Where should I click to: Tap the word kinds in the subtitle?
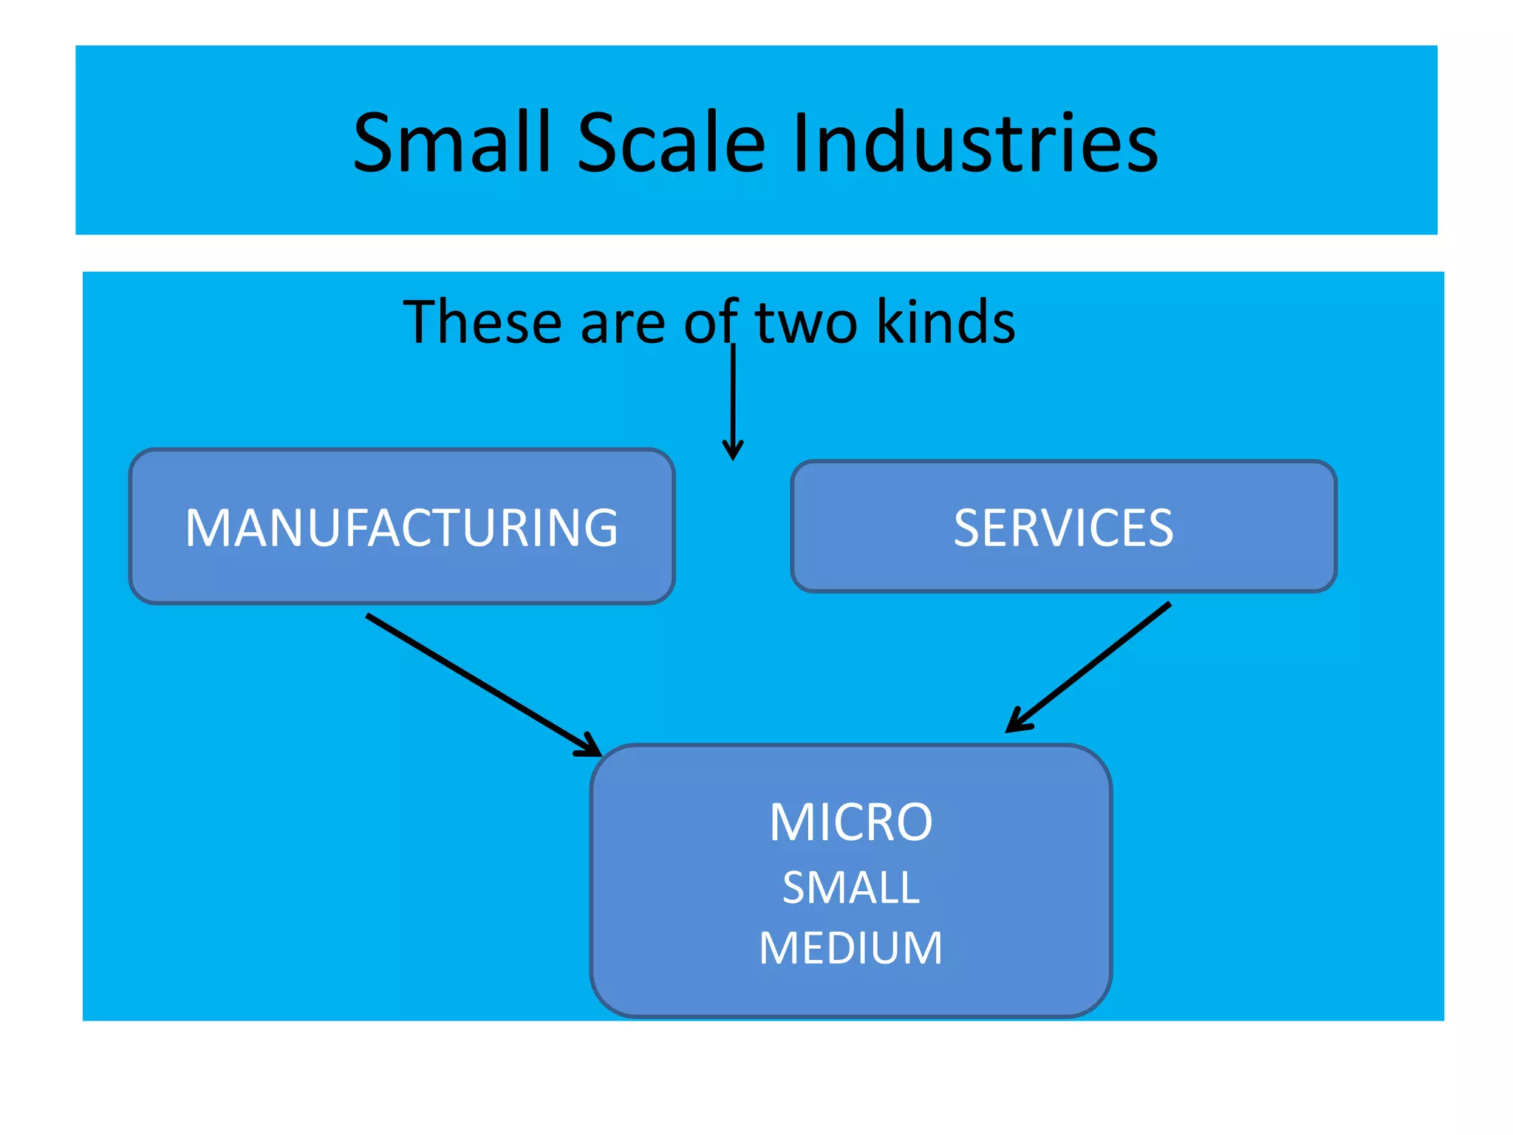tap(946, 322)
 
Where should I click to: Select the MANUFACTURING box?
tap(402, 527)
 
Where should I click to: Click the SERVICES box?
tap(1063, 527)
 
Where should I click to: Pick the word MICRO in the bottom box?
tap(851, 822)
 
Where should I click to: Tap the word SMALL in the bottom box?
tap(851, 887)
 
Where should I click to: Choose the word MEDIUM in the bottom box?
tap(851, 948)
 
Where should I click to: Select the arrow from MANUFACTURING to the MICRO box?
tap(480, 684)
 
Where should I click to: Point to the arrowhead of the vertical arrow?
tap(733, 451)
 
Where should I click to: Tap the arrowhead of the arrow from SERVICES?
tap(1016, 724)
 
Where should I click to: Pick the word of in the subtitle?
tap(710, 322)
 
